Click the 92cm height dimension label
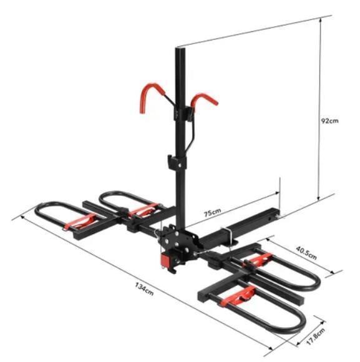330,120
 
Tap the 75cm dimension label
212,212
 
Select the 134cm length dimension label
144,289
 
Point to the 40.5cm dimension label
306,253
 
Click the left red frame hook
151,97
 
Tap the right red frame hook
204,100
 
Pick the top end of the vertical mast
180,48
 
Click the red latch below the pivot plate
166,260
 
